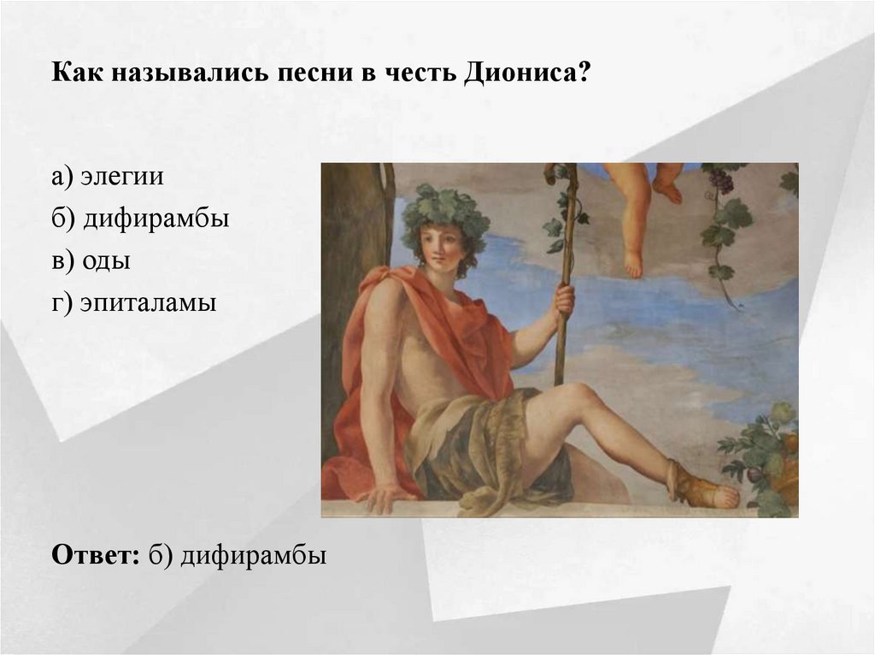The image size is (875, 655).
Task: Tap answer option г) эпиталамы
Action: (134, 303)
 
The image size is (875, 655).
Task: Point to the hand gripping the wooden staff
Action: (563, 300)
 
